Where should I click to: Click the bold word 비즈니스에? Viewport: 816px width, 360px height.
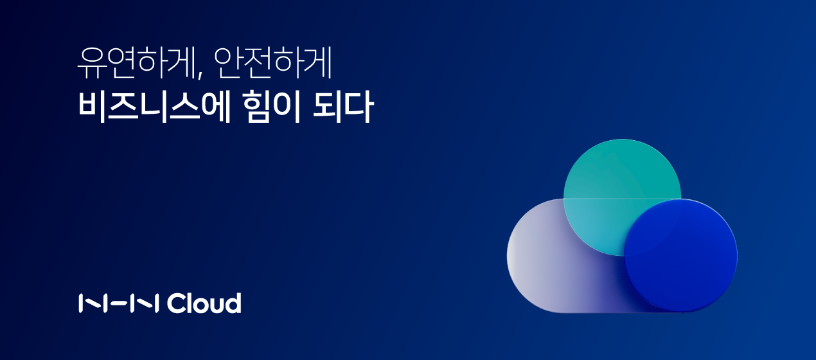coord(154,106)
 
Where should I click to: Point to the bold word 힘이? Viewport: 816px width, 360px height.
coord(271,106)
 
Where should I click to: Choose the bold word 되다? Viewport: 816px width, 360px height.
coord(343,106)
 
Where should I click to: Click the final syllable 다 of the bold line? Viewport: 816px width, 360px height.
coord(359,106)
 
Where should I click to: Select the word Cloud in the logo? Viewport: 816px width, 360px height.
coord(204,303)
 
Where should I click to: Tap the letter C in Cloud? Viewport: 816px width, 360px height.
coord(176,303)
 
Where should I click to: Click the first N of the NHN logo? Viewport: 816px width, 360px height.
coord(91,303)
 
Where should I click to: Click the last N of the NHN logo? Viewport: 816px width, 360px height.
coord(145,303)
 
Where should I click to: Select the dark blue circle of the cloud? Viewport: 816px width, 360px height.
coord(680,256)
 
